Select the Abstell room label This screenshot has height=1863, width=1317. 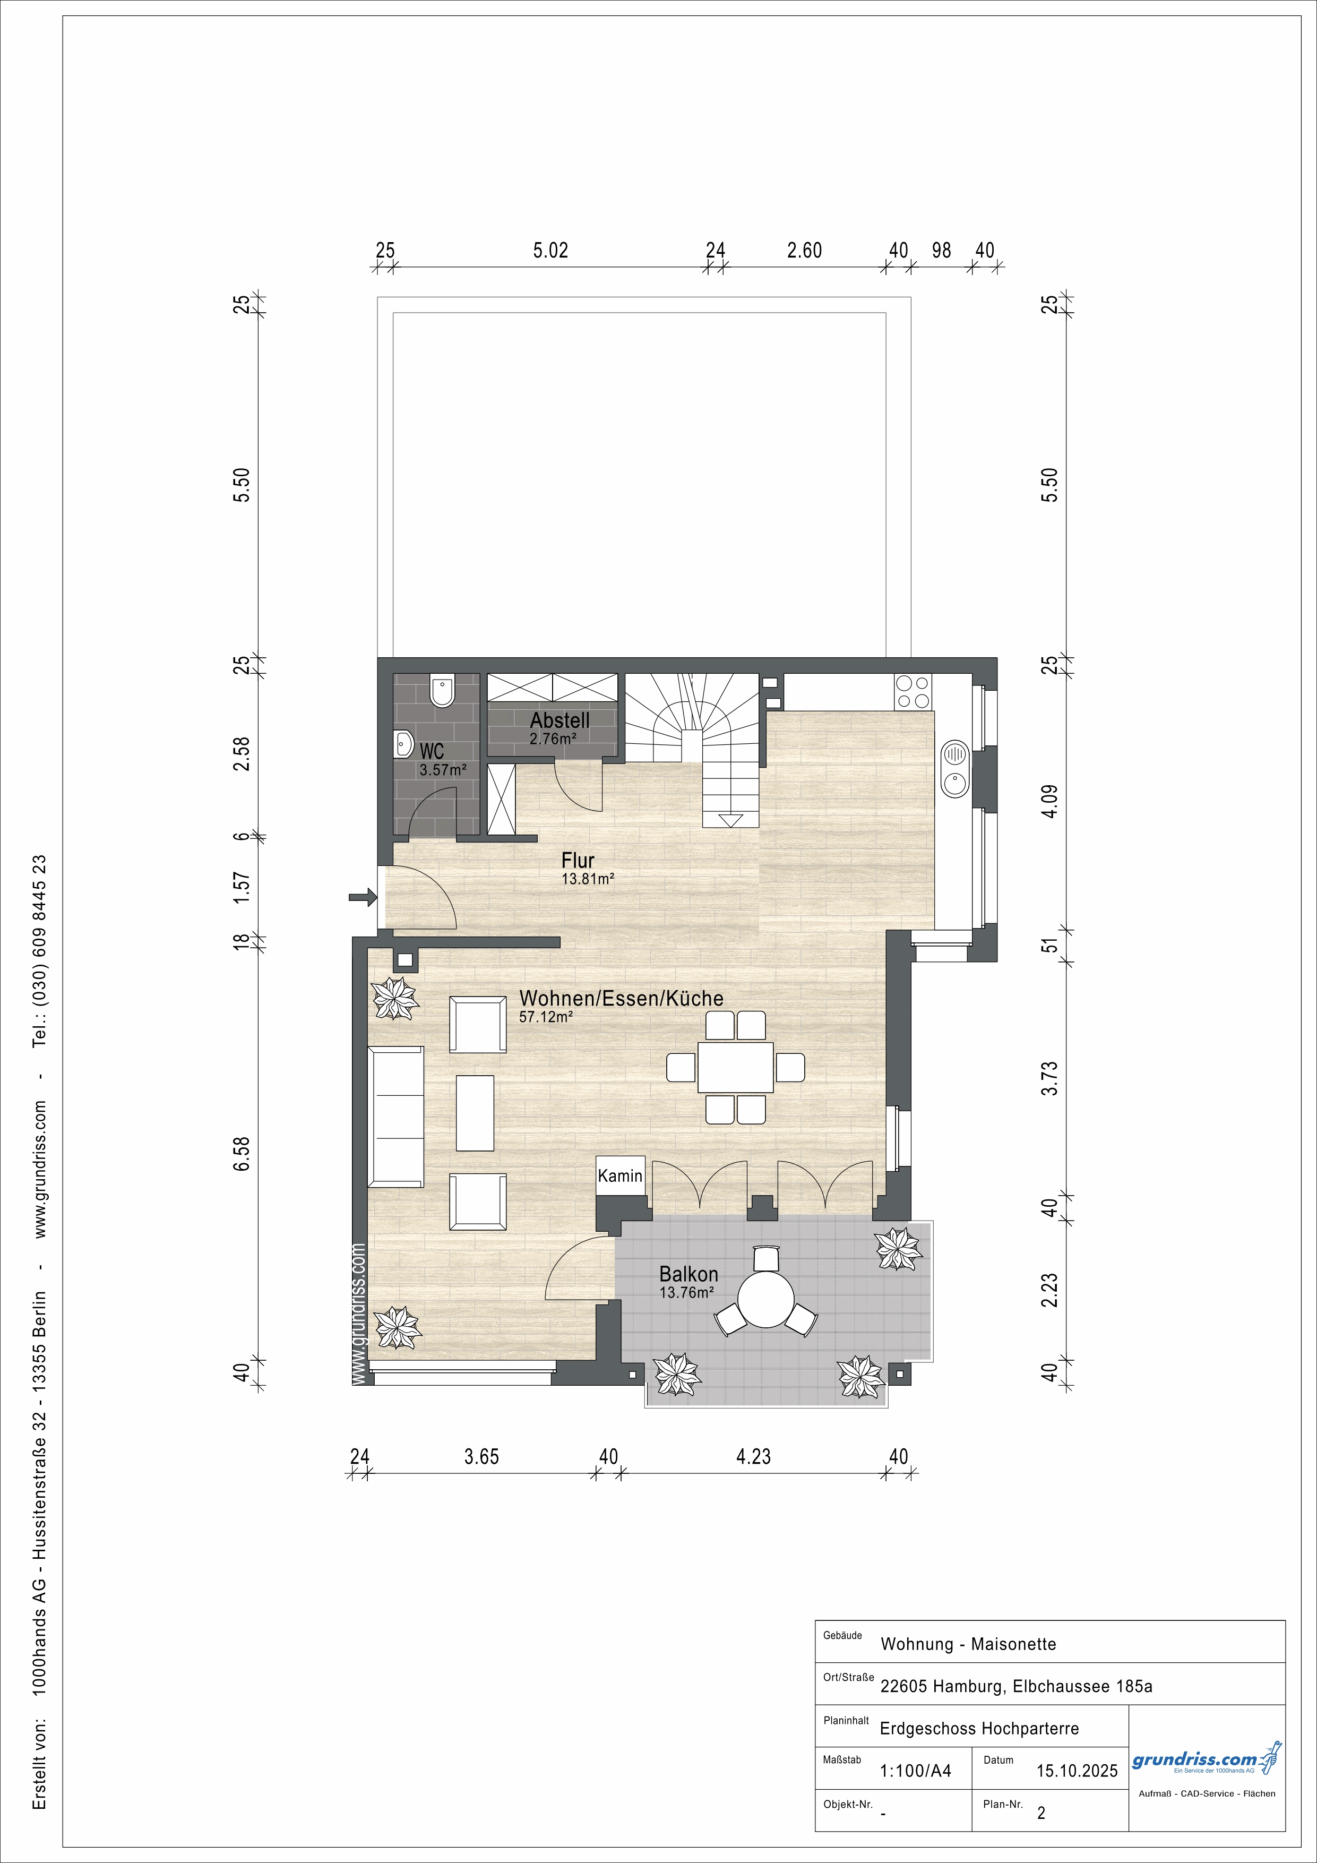(560, 720)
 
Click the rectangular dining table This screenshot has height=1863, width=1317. (735, 1067)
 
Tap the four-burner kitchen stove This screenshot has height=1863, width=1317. (913, 692)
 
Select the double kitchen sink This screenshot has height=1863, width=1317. (955, 769)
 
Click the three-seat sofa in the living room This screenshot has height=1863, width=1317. (396, 1117)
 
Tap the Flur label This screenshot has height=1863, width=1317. (578, 860)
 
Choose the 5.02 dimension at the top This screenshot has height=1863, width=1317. (550, 251)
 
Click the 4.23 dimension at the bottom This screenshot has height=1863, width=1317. (753, 1456)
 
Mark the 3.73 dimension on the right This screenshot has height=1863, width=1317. (1050, 1078)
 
